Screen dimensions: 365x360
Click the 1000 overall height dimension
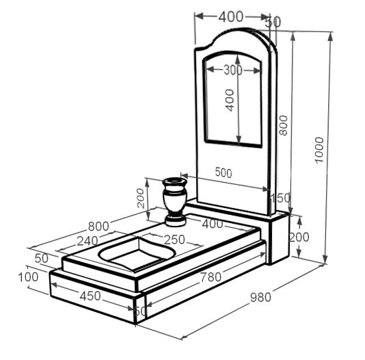[319, 150]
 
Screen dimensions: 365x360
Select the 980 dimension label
[260, 297]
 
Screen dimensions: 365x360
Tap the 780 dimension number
[211, 277]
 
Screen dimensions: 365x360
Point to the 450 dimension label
[90, 296]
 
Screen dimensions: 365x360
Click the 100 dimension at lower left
[28, 277]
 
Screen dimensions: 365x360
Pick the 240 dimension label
[87, 241]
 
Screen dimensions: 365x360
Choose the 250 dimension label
[174, 240]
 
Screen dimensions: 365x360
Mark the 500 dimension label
[224, 172]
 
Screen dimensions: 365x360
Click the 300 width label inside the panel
[233, 70]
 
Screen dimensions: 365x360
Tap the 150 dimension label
[280, 198]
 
